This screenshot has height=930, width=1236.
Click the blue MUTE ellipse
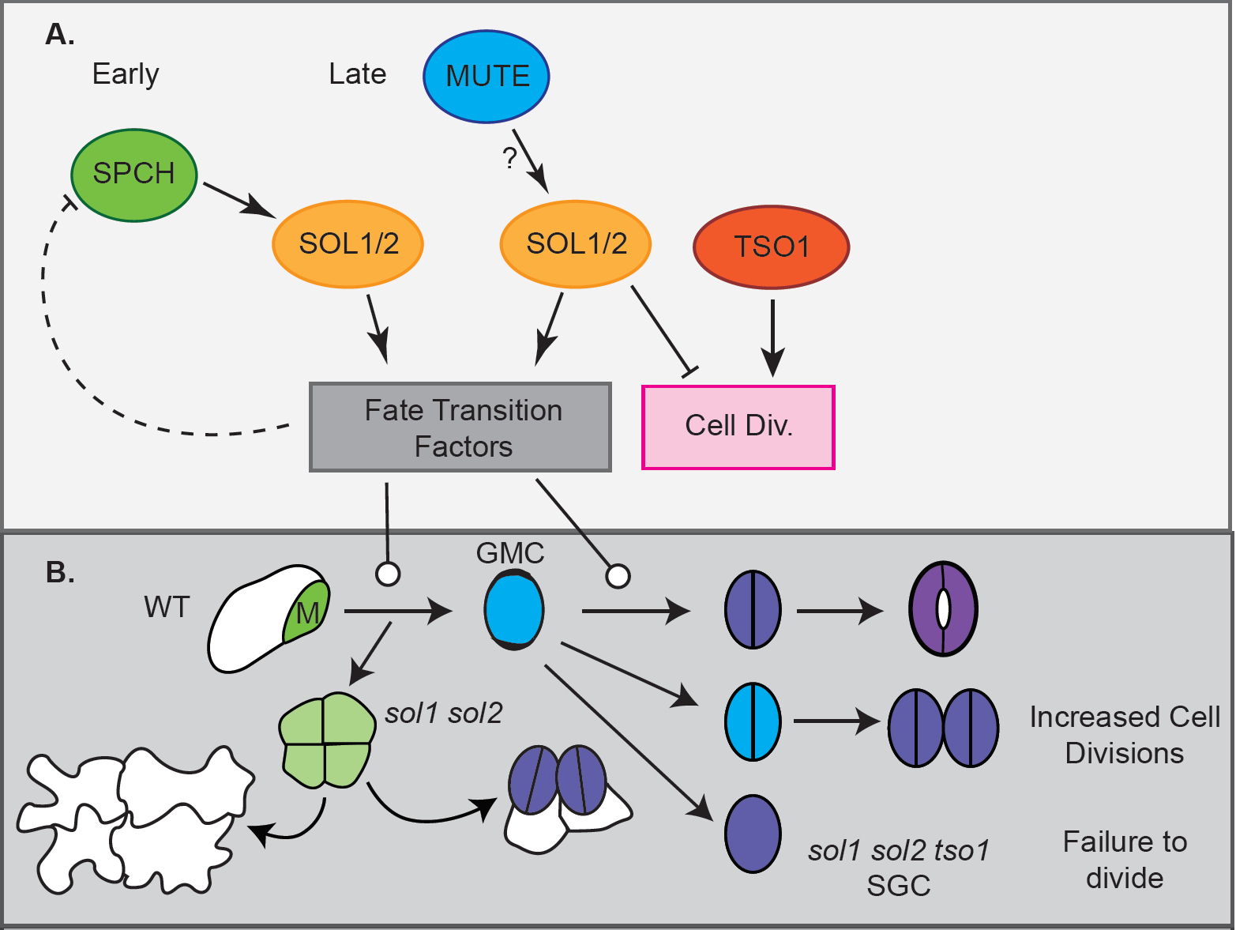click(x=487, y=77)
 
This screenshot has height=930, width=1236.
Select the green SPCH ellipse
click(x=133, y=175)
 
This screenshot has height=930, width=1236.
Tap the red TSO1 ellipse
click(x=771, y=247)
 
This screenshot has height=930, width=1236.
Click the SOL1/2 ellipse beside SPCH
click(x=348, y=244)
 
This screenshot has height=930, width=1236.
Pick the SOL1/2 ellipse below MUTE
click(x=576, y=244)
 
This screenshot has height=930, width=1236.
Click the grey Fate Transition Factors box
click(x=460, y=427)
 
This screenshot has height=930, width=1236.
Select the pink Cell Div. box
click(x=738, y=427)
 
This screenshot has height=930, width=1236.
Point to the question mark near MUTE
click(x=510, y=158)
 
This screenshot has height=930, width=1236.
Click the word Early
click(x=126, y=74)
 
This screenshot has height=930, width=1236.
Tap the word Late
click(x=357, y=74)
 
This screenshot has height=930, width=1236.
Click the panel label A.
click(x=59, y=34)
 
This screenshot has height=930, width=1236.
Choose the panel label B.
click(x=60, y=572)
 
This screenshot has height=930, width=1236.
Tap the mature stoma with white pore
click(x=943, y=609)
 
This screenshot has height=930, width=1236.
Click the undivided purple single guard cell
click(x=753, y=834)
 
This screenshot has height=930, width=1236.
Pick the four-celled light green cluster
click(x=327, y=740)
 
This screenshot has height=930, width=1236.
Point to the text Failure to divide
click(x=1124, y=860)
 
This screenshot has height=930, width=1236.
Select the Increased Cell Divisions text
click(x=1124, y=735)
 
